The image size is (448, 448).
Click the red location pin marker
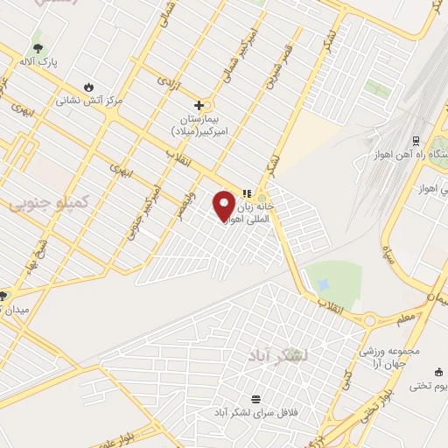coord(225,205)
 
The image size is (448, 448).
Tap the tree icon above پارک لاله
coord(37,49)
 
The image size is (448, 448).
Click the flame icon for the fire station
coord(88,86)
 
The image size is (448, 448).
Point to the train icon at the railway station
coord(414,140)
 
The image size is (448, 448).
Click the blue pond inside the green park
coord(324,284)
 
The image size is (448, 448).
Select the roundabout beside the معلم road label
coord(369,321)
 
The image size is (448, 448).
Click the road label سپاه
coord(388,255)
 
